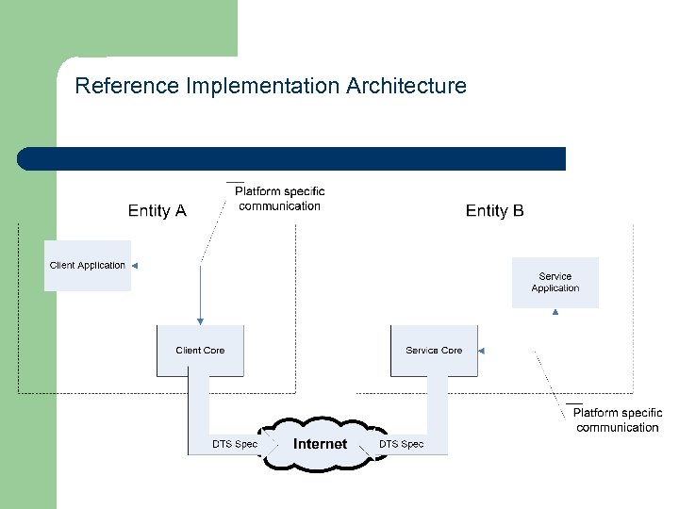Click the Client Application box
click(87, 266)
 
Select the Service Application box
click(555, 283)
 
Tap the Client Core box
click(200, 351)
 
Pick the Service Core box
click(434, 351)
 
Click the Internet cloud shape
click(320, 443)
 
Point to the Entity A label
click(157, 211)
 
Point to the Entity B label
click(494, 211)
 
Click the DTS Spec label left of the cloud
click(234, 444)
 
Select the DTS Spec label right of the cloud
click(401, 444)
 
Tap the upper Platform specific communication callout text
click(279, 199)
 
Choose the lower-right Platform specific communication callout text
click(618, 420)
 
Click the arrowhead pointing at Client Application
click(134, 266)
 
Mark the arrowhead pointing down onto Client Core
click(200, 321)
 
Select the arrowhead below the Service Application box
click(555, 312)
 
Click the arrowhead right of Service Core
click(481, 351)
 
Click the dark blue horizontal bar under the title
click(292, 158)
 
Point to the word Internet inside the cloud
click(320, 444)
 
